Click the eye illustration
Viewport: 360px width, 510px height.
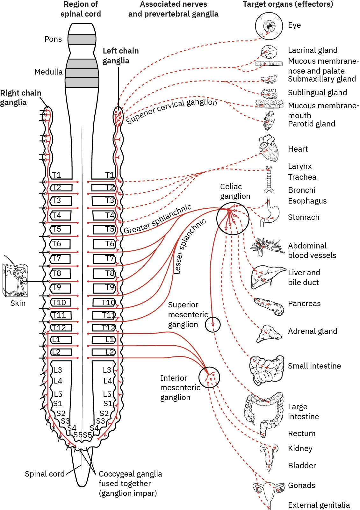[269, 26]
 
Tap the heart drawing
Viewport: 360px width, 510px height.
[269, 149]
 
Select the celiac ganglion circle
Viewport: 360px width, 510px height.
[233, 219]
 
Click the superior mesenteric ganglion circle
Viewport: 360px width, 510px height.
[212, 325]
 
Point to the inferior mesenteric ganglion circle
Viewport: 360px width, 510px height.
[209, 377]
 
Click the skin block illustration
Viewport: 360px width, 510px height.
[15, 280]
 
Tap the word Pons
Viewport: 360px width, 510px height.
[53, 39]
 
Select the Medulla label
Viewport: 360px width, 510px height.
[48, 72]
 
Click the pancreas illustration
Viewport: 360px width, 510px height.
[270, 306]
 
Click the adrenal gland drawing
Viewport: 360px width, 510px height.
[269, 334]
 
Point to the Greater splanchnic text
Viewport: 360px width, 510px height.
[158, 219]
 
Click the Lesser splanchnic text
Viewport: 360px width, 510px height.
[189, 246]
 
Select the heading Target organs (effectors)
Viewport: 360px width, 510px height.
[288, 4]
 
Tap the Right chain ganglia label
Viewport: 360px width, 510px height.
[20, 97]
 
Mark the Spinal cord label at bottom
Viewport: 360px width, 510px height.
[45, 474]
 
